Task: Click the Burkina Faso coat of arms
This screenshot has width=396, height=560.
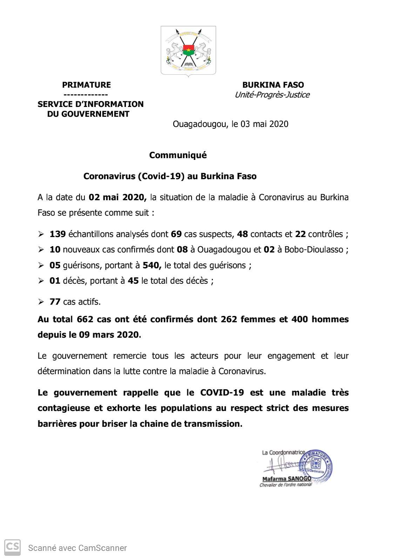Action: click(188, 50)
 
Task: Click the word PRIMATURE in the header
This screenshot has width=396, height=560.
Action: click(86, 85)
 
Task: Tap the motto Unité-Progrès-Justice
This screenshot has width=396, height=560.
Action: click(272, 95)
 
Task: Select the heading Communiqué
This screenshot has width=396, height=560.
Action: click(178, 155)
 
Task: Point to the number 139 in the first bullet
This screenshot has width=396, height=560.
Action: click(58, 234)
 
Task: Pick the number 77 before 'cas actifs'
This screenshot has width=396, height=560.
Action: click(55, 302)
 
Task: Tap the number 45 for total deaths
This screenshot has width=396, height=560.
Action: click(133, 281)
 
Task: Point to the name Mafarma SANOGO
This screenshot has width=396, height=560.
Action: click(287, 479)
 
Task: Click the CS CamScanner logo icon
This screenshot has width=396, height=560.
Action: click(12, 547)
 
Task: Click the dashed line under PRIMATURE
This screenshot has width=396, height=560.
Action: click(86, 95)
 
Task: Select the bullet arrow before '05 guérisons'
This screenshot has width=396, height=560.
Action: click(41, 265)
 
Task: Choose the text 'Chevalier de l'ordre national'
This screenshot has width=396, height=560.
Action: click(285, 485)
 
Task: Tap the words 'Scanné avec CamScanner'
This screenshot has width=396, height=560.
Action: click(78, 548)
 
